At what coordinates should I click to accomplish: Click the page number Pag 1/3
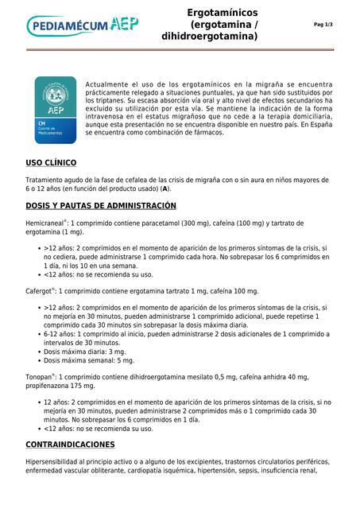323,25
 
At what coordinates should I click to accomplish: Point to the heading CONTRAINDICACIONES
70,444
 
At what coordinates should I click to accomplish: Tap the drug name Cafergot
40,291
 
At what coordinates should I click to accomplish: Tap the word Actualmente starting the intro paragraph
110,83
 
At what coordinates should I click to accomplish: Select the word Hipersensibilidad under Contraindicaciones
56,462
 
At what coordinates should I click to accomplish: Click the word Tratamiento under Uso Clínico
48,181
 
